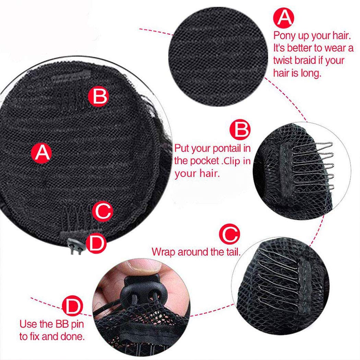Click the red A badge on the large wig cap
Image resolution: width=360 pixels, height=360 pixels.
[x=41, y=153]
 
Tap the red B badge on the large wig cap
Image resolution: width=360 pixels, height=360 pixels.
[x=98, y=96]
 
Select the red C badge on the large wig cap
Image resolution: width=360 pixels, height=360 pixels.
[x=103, y=211]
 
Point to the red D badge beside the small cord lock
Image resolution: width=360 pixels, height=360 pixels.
[x=96, y=243]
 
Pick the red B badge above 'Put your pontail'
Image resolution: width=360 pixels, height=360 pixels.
[x=240, y=130]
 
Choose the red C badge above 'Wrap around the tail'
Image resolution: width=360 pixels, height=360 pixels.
[x=229, y=234]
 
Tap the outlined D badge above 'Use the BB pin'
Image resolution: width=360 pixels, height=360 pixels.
[x=72, y=306]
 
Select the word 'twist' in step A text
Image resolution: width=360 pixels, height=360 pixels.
[x=283, y=60]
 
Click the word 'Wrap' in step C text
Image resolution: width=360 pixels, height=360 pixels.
[x=164, y=252]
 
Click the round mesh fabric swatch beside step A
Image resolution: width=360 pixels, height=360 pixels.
[x=218, y=57]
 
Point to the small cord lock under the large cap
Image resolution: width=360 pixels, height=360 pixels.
[x=75, y=246]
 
